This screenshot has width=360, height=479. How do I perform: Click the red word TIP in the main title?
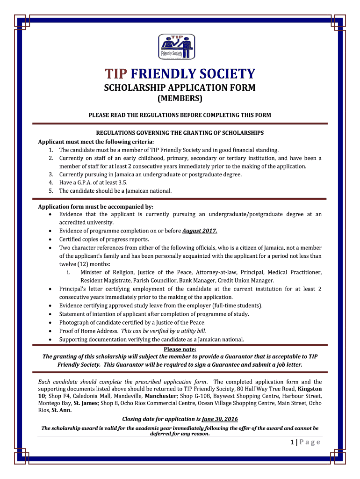pyautogui.click(x=116, y=74)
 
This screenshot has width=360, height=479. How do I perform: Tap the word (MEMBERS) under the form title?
pyautogui.click(x=180, y=99)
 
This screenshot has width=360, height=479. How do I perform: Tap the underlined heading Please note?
pyautogui.click(x=180, y=349)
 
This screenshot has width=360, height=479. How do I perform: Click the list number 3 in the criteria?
pyautogui.click(x=50, y=174)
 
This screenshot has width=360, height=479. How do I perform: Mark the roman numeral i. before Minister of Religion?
pyautogui.click(x=69, y=272)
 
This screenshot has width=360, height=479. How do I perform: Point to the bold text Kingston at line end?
pyautogui.click(x=310, y=389)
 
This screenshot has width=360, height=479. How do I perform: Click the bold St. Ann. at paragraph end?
pyautogui.click(x=62, y=410)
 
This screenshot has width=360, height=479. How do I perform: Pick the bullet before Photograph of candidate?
pyautogui.click(x=50, y=322)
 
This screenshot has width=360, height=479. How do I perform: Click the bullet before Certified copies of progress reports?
pyautogui.click(x=50, y=239)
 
